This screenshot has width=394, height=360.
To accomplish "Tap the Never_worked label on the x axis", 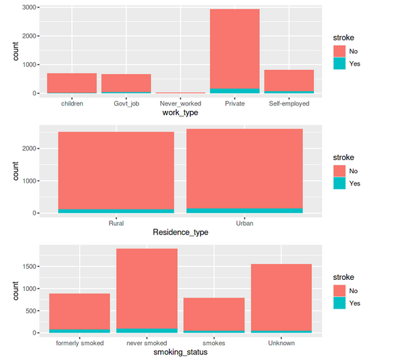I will [x=180, y=104].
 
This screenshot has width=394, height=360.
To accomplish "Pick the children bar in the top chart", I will [x=72, y=83].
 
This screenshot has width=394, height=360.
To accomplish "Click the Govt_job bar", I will [x=126, y=83].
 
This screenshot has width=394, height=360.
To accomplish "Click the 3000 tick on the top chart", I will [x=29, y=7].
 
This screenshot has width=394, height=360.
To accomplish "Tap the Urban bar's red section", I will [x=244, y=168].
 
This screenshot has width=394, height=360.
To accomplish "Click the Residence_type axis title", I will [x=180, y=233].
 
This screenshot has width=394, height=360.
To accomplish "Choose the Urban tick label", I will [x=244, y=224].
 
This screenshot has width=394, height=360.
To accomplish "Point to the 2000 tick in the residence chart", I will [x=29, y=149].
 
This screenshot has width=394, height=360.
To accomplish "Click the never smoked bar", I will [x=146, y=288].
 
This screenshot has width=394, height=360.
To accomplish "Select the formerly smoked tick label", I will [x=79, y=343].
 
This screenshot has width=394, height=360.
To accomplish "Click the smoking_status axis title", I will [x=180, y=352].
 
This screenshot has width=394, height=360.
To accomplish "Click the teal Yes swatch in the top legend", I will [x=339, y=63].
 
